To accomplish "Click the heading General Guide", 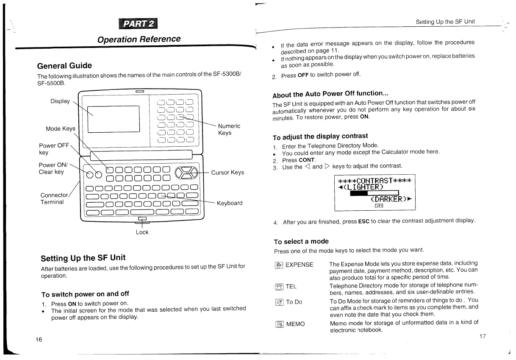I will pyautogui.click(x=64, y=66).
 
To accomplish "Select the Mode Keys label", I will pyautogui.click(x=61, y=128).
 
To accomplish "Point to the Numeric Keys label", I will pyautogui.click(x=229, y=129).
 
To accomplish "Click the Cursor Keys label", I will pyautogui.click(x=227, y=172).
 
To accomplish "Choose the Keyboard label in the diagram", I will pyautogui.click(x=230, y=203).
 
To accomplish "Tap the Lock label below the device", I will pyautogui.click(x=142, y=232).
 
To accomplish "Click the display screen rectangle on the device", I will pyautogui.click(x=114, y=119).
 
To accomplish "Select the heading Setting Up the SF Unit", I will pyautogui.click(x=83, y=258).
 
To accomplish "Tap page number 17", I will pyautogui.click(x=483, y=336).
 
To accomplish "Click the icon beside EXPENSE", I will pyautogui.click(x=279, y=265).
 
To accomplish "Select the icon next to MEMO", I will pyautogui.click(x=279, y=324).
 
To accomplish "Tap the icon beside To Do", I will pyautogui.click(x=279, y=302).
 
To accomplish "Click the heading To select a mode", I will pyautogui.click(x=301, y=242).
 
